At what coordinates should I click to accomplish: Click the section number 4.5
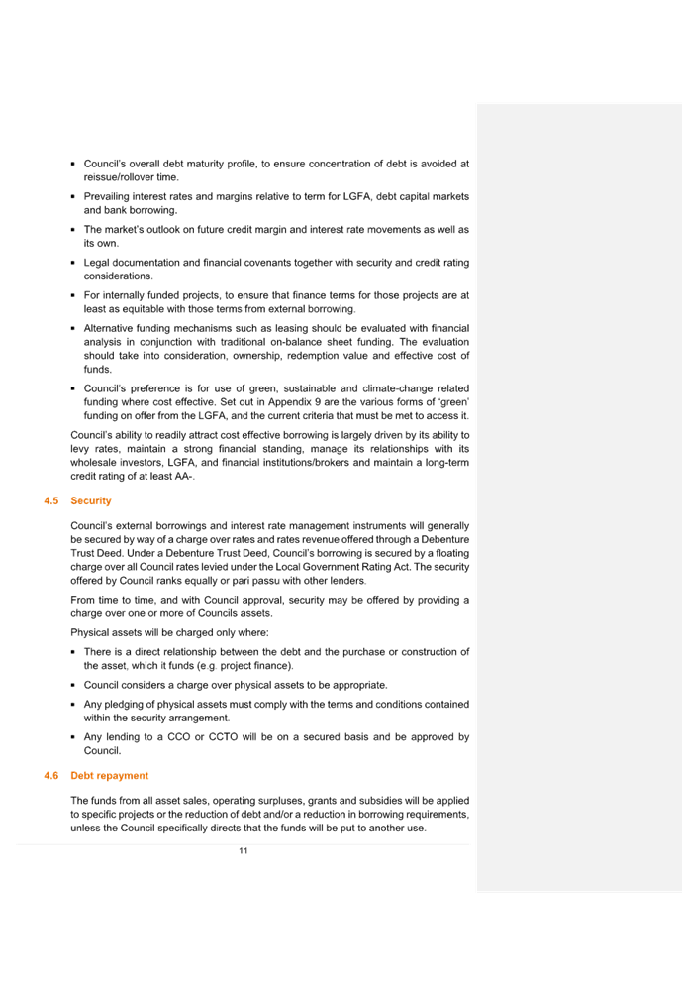point(50,500)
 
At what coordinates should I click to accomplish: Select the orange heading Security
point(91,500)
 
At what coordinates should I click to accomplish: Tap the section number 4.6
point(50,775)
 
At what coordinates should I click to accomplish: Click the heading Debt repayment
point(109,775)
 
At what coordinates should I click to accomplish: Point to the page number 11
point(244,851)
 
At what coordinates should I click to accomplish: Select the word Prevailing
point(106,196)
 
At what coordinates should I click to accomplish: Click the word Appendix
point(290,402)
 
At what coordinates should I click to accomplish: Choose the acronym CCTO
point(223,736)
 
